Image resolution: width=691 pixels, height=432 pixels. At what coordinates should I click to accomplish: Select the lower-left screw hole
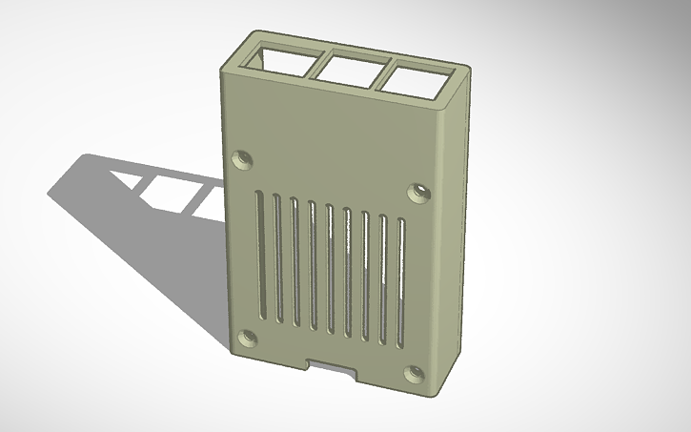(x=247, y=338)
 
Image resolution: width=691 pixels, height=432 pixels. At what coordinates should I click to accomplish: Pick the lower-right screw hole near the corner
(x=415, y=373)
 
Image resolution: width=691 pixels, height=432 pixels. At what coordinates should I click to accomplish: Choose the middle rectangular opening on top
(x=348, y=68)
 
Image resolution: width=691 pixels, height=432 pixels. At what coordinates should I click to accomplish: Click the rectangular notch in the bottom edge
(x=332, y=365)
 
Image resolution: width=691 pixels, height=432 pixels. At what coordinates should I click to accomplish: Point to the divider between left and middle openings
(x=315, y=63)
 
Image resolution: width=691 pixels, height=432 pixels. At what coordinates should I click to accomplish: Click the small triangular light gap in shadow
(x=126, y=177)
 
